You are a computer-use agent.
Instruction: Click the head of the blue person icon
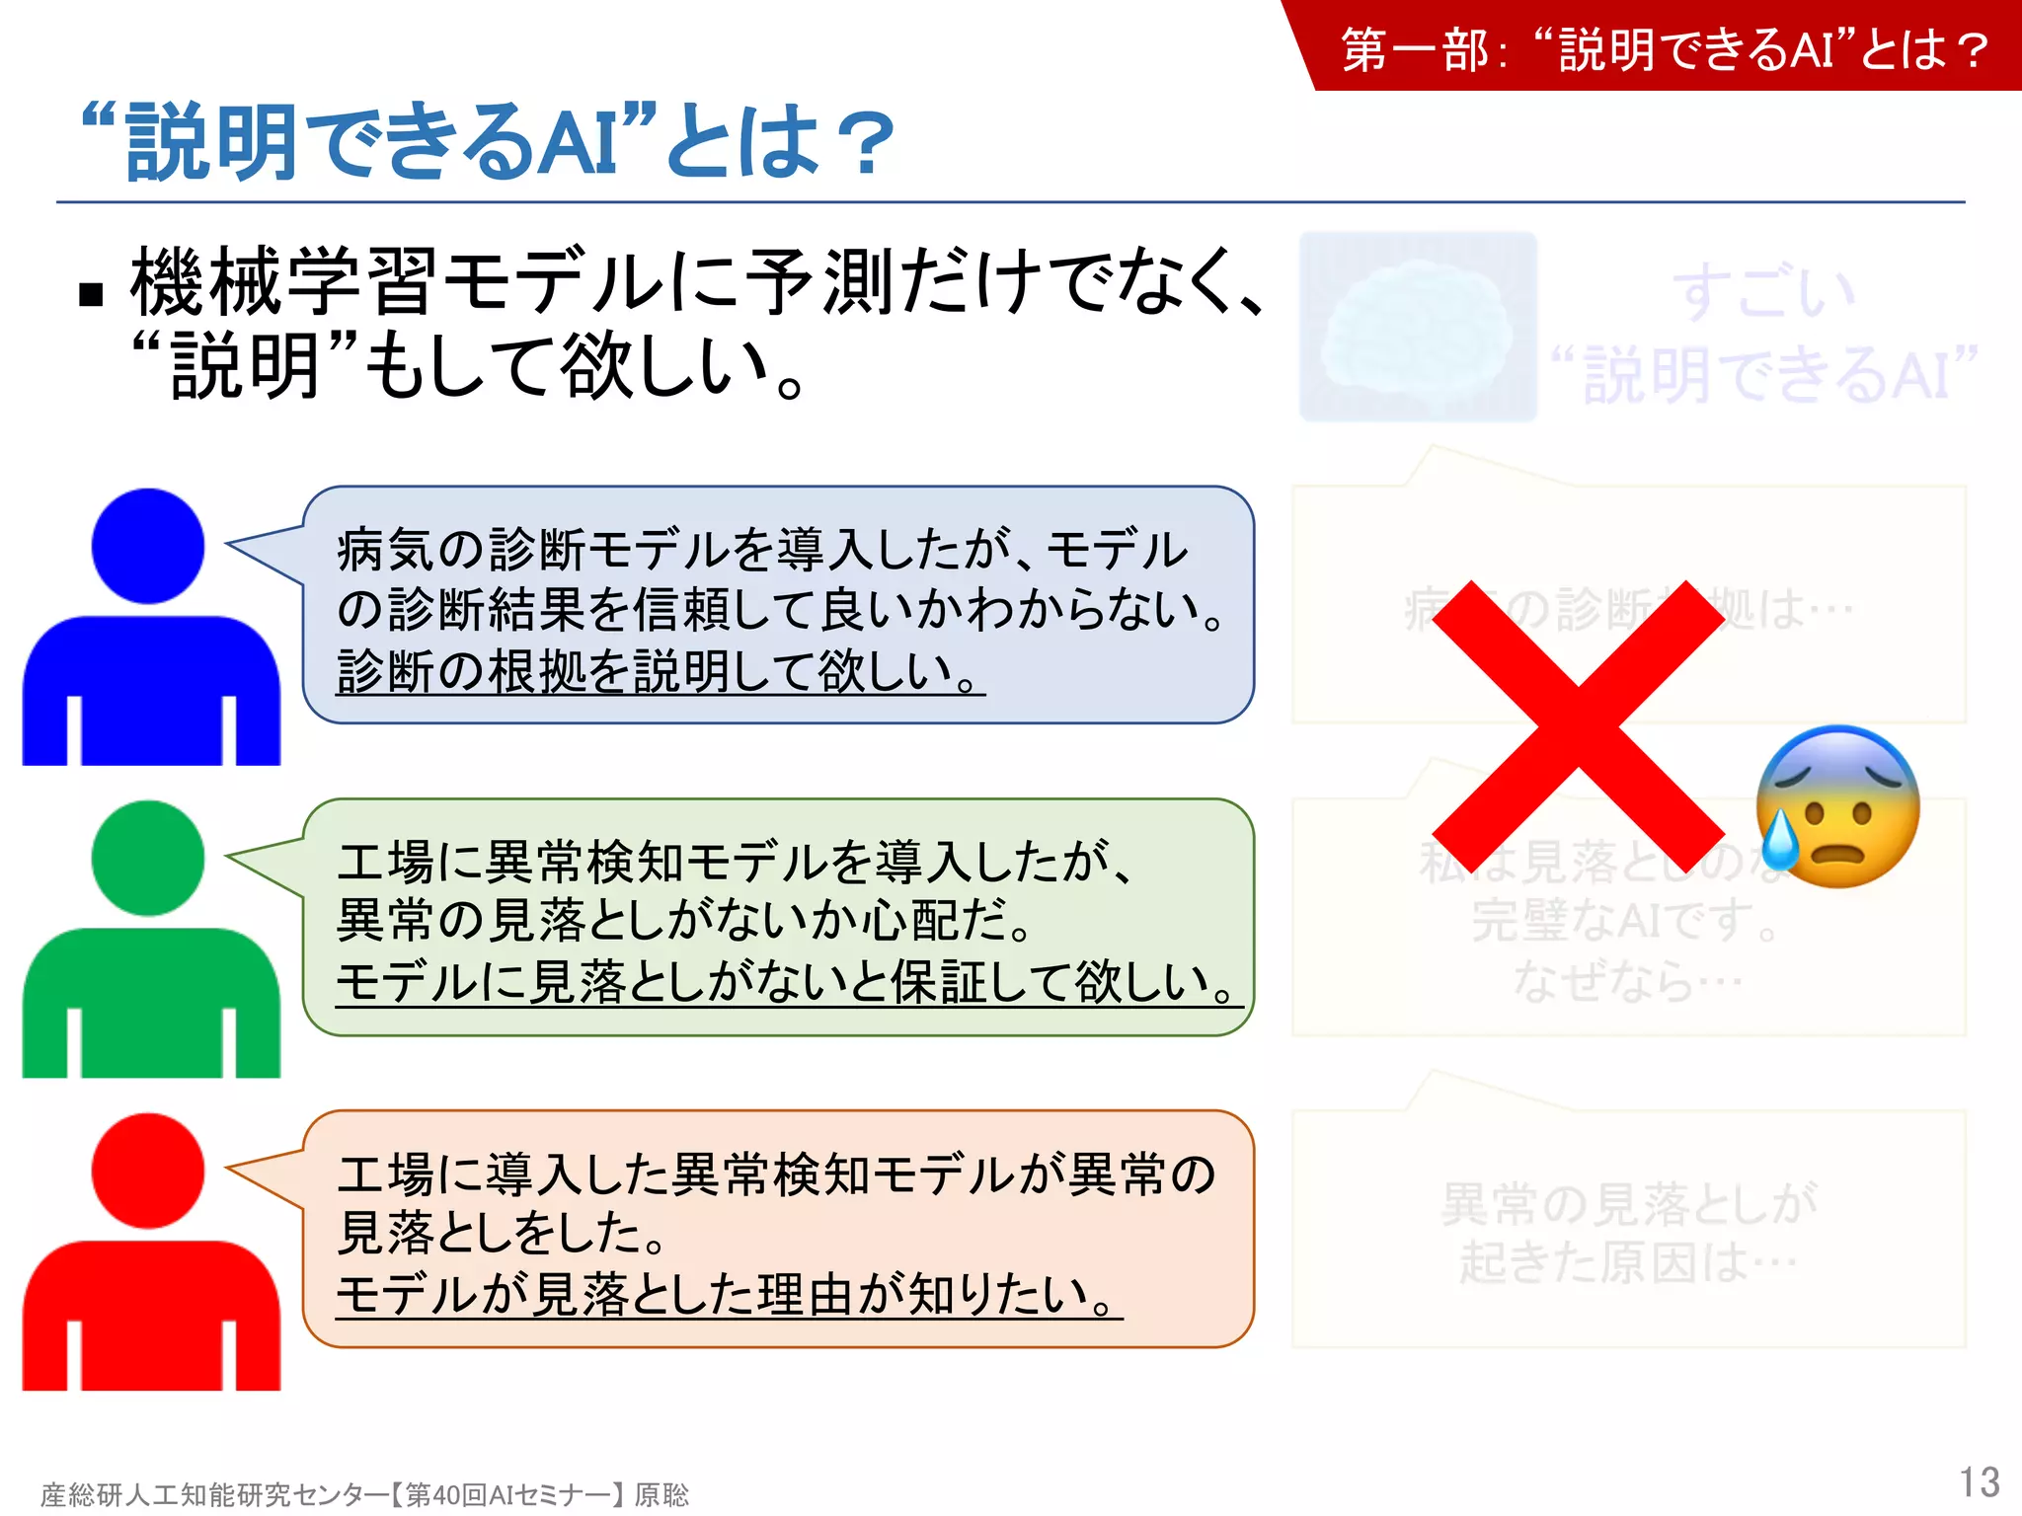pyautogui.click(x=148, y=546)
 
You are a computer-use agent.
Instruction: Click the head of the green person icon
pyautogui.click(x=148, y=858)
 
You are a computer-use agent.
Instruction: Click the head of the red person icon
pyautogui.click(x=148, y=1171)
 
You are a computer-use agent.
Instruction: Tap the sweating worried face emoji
pyautogui.click(x=1837, y=807)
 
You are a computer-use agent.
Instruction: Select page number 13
pyautogui.click(x=1979, y=1482)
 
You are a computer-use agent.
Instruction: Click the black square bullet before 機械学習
pyautogui.click(x=91, y=294)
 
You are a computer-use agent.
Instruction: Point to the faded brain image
pyautogui.click(x=1418, y=327)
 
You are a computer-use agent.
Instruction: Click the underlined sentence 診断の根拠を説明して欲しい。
pyautogui.click(x=660, y=672)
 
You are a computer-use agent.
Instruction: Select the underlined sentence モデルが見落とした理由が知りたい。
pyautogui.click(x=729, y=1295)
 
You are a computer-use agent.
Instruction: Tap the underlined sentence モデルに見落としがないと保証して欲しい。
pyautogui.click(x=788, y=983)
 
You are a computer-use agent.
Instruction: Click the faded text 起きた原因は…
pyautogui.click(x=1628, y=1262)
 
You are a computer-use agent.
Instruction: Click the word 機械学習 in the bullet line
pyautogui.click(x=283, y=282)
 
